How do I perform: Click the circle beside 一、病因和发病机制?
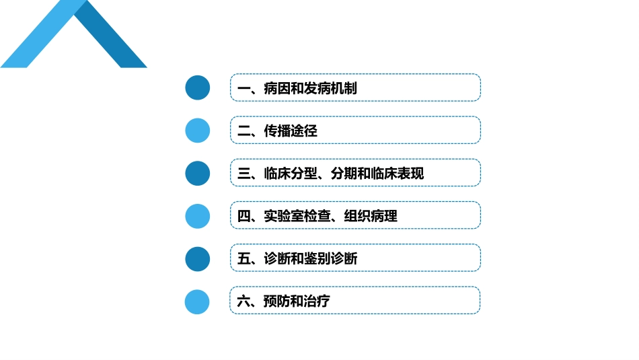coord(198,87)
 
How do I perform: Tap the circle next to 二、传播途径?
coord(198,130)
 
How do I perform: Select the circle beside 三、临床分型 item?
coord(198,173)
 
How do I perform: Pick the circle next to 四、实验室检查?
coord(198,216)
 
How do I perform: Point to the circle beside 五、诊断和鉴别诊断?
coord(198,258)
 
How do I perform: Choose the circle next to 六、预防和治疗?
coord(198,301)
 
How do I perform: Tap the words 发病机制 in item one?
coord(330,88)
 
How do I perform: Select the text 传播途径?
coord(290,131)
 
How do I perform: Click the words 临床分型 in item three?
coord(290,174)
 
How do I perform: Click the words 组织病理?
coord(370,216)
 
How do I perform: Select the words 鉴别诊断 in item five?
coord(330,259)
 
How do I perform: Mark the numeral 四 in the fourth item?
coord(243,216)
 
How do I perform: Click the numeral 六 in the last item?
coord(243,301)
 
